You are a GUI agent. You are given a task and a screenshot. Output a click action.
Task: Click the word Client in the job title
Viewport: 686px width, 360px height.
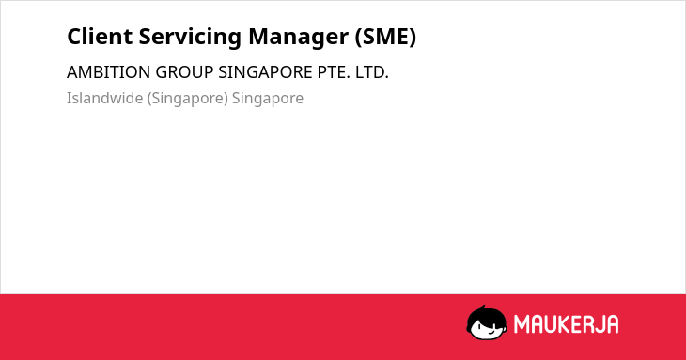coord(100,36)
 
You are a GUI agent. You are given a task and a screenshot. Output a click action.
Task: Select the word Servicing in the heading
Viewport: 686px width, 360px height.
coord(190,38)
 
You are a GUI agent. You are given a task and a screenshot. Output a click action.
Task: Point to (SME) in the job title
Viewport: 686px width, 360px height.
coord(385,37)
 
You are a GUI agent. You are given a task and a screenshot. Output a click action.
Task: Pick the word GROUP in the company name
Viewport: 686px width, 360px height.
coord(184,72)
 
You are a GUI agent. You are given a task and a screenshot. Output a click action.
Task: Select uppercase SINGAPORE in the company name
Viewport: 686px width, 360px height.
coord(266,72)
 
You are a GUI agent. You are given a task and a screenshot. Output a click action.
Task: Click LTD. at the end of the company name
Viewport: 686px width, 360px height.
coord(372,72)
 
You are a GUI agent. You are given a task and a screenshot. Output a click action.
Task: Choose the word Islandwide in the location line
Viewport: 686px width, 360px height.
coord(105,98)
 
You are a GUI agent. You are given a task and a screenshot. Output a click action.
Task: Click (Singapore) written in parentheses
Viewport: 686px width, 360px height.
coord(188,99)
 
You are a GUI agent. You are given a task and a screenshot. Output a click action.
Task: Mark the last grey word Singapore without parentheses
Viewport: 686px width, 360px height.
coord(268,99)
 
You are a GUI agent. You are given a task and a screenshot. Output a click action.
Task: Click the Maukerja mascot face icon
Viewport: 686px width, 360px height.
coord(487,322)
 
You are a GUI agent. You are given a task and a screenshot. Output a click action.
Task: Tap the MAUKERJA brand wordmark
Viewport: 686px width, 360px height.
coord(566,324)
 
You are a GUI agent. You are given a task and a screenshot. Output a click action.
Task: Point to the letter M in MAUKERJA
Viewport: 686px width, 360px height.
coord(522,324)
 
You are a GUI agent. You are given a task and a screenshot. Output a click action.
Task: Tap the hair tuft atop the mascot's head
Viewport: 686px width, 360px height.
coord(483,308)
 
